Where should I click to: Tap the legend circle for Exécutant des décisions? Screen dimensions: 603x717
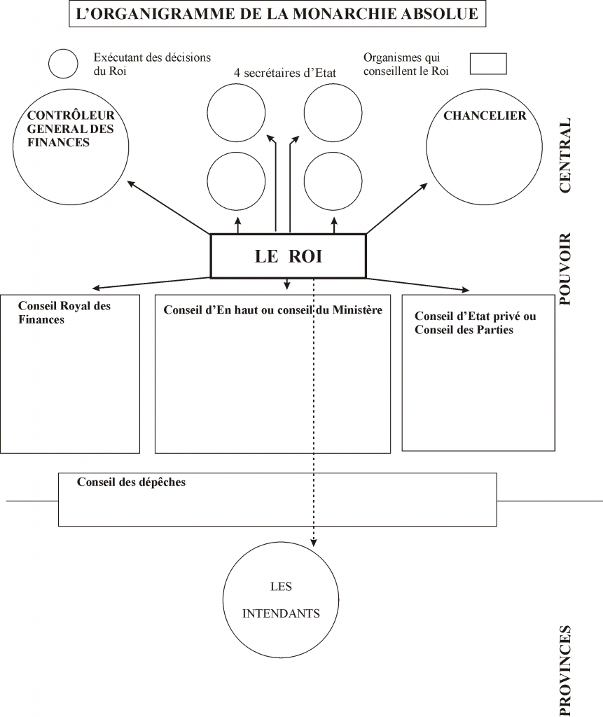tap(63, 50)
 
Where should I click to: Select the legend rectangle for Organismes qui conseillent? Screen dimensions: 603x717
tap(488, 53)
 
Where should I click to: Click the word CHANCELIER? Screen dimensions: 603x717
tap(485, 116)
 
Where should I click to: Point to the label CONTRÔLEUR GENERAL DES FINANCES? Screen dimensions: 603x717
tap(71, 129)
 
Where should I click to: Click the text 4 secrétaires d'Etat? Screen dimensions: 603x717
tap(285, 73)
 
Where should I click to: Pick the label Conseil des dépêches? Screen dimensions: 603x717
tap(131, 482)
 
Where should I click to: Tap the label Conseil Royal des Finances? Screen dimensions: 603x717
tap(64, 312)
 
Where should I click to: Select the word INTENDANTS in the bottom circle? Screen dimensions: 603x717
tap(281, 613)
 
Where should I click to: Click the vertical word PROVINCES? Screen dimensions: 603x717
tap(565, 670)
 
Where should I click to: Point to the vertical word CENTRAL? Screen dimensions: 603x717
tap(565, 155)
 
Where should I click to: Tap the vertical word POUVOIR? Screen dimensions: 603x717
tap(565, 269)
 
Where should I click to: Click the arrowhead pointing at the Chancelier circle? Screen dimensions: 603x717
tap(424, 186)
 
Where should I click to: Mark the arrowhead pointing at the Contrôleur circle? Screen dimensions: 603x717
tap(131, 184)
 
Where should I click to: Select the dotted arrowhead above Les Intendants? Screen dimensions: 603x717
tap(313, 543)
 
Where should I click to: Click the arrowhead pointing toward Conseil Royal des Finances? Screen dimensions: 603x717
tap(96, 288)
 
